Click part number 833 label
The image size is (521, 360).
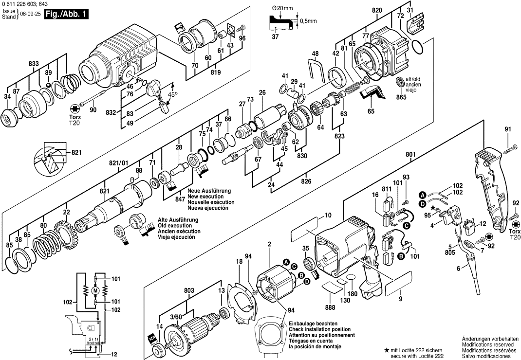[34, 64]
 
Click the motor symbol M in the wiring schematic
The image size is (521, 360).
[95, 290]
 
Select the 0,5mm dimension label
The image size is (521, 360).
[308, 20]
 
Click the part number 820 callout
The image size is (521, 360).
[377, 10]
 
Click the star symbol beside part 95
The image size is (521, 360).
[426, 207]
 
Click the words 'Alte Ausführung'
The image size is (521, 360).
[178, 219]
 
